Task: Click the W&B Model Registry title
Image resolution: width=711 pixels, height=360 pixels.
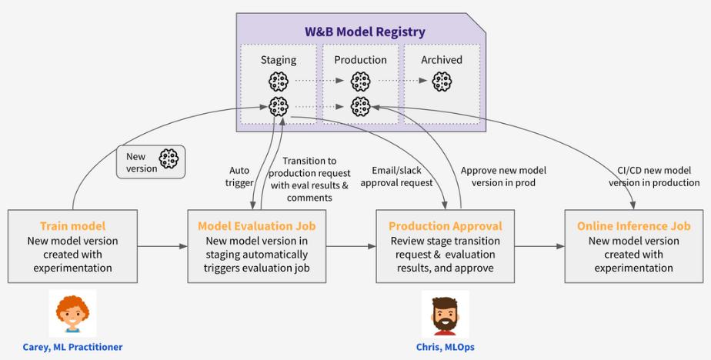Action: [365, 32]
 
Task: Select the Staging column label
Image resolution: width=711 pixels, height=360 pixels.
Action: [279, 60]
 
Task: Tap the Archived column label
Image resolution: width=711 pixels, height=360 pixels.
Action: [442, 60]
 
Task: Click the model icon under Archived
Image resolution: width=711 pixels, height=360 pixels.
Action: [442, 82]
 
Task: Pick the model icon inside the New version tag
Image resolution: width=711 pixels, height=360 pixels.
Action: [169, 159]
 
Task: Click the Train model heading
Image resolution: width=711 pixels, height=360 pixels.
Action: [72, 226]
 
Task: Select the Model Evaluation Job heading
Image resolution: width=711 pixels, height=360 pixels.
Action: [257, 226]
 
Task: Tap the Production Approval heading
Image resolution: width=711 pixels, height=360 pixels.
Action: [446, 226]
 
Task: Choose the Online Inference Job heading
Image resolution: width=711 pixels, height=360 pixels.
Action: [634, 226]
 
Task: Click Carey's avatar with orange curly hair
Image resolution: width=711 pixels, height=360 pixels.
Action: [72, 313]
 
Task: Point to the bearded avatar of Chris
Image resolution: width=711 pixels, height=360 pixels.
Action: [445, 314]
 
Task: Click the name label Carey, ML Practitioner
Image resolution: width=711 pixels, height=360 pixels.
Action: [72, 347]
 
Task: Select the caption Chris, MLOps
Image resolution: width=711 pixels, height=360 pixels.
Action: [446, 347]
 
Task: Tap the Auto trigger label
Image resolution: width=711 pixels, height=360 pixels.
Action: [239, 177]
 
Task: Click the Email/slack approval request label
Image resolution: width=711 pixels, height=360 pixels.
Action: [397, 177]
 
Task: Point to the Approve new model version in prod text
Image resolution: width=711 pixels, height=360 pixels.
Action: [503, 177]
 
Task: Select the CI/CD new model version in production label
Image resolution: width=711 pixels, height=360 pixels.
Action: [654, 177]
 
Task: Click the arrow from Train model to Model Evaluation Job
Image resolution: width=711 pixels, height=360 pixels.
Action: [162, 246]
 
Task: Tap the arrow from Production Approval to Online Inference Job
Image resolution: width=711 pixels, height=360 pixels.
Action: [539, 246]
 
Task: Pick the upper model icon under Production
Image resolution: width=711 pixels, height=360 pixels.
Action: [360, 82]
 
